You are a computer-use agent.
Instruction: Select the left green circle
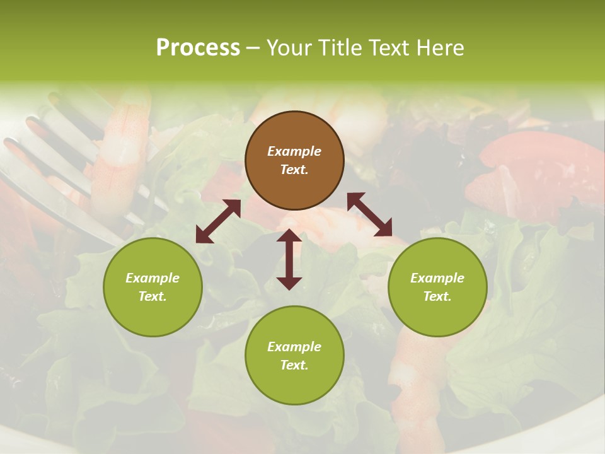(153, 287)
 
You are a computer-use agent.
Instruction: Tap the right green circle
(437, 287)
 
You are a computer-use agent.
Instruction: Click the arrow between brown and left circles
(218, 221)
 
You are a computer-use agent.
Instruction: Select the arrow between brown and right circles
(369, 214)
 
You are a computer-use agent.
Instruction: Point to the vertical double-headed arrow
(289, 260)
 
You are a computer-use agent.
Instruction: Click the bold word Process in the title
(198, 47)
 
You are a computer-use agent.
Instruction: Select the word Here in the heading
(441, 47)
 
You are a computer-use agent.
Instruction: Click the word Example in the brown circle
(294, 151)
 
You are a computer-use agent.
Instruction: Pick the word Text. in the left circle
(153, 296)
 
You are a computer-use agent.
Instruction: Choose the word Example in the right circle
(437, 278)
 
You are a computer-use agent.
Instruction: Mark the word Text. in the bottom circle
(294, 365)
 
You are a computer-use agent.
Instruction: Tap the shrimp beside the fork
(120, 151)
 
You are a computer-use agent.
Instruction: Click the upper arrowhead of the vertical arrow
(289, 236)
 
